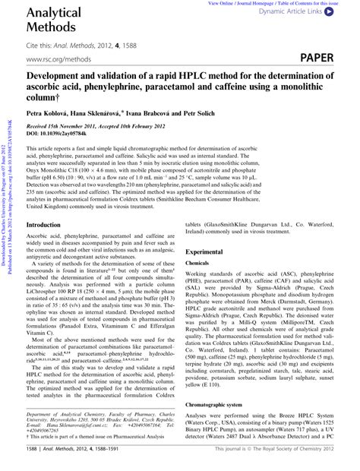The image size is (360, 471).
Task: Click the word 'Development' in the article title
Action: [58, 77]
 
